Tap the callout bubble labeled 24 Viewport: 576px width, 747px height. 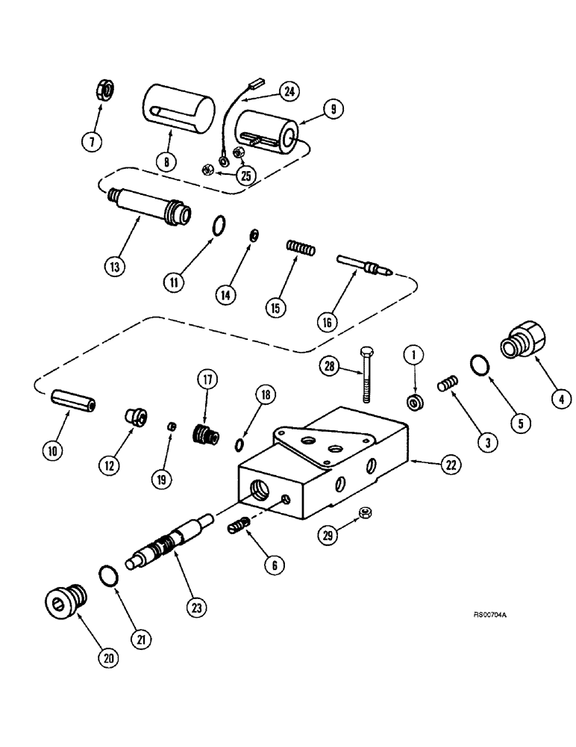click(287, 92)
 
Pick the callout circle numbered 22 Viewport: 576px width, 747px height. click(448, 465)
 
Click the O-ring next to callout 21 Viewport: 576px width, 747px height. click(108, 575)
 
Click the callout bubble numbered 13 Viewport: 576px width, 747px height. click(114, 265)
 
